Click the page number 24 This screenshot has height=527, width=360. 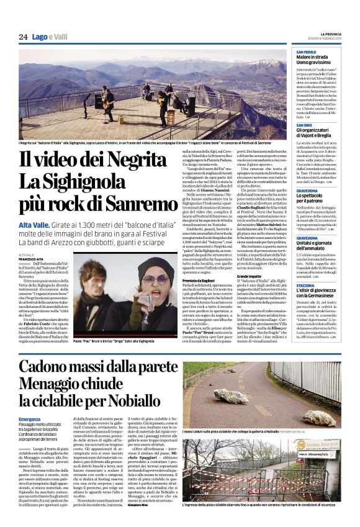click(24, 37)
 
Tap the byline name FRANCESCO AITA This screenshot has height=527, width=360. click(32, 259)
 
